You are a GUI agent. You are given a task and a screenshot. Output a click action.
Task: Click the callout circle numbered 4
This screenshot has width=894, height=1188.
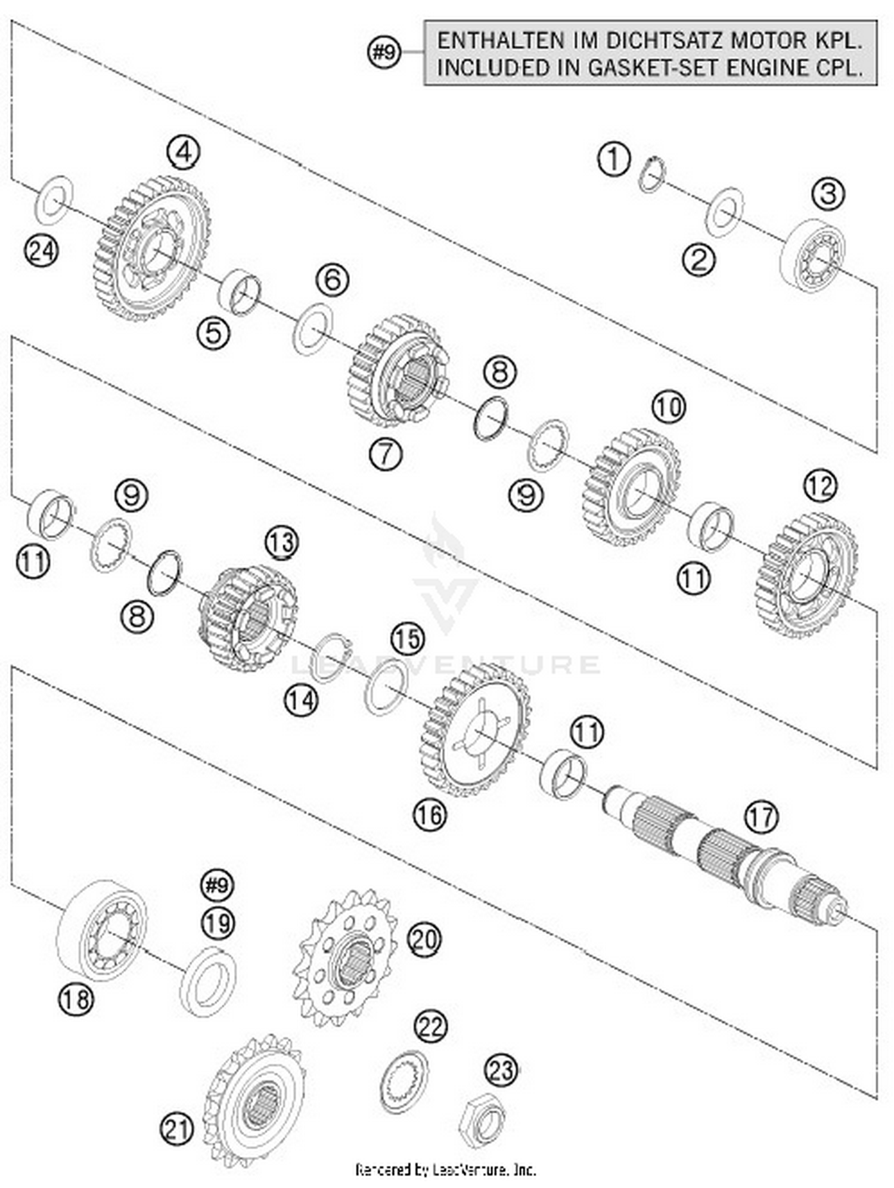(x=183, y=153)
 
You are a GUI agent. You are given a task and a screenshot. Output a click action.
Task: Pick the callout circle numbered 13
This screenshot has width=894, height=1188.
(x=281, y=543)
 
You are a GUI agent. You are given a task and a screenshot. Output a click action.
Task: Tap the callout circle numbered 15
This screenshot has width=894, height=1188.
(x=408, y=638)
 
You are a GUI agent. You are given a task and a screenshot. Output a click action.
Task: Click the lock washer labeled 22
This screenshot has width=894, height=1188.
(x=403, y=1081)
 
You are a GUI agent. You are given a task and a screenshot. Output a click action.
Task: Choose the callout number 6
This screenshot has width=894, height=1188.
(x=332, y=280)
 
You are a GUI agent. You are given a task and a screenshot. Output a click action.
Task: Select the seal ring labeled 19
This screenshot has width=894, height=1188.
(x=207, y=980)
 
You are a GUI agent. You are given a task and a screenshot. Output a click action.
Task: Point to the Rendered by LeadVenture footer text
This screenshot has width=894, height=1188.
(x=445, y=1169)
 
